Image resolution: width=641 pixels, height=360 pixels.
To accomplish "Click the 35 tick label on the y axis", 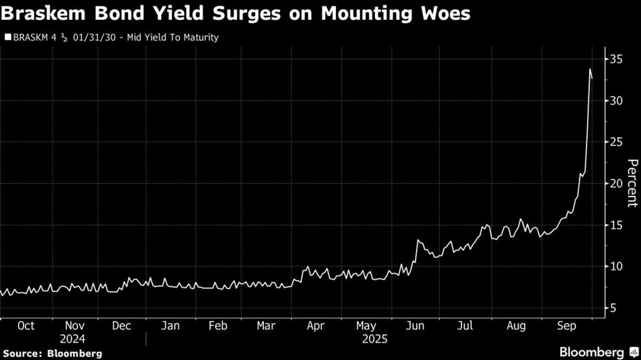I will pyautogui.click(x=617, y=60).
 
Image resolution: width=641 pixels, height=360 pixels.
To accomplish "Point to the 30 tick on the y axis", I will pyautogui.click(x=617, y=101).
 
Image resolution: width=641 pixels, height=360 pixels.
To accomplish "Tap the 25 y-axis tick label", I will pyautogui.click(x=617, y=142).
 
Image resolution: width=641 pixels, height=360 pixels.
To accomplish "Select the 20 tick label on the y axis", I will pyautogui.click(x=617, y=184).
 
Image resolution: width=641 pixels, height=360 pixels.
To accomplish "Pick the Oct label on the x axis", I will pyautogui.click(x=26, y=325).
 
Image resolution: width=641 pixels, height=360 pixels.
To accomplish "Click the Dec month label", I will pyautogui.click(x=122, y=325).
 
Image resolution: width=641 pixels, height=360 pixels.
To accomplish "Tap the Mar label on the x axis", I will pyautogui.click(x=266, y=325).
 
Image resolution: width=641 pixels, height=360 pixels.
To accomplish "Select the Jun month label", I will pyautogui.click(x=416, y=325).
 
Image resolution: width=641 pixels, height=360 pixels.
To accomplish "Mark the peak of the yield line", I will pyautogui.click(x=590, y=69).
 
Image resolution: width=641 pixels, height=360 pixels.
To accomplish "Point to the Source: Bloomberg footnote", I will pyautogui.click(x=53, y=353).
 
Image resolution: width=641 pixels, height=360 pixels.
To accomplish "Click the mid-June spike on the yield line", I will pyautogui.click(x=418, y=240).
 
